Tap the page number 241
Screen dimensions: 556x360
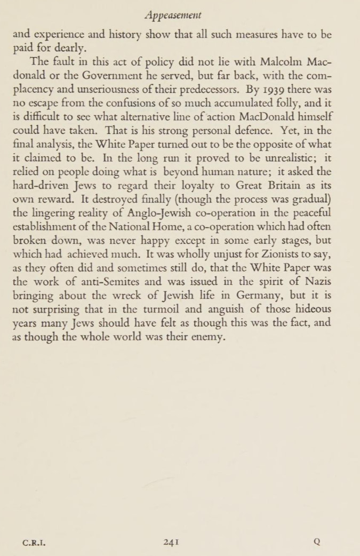[171, 542]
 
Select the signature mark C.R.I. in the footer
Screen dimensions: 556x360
[34, 543]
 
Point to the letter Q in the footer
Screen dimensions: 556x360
[317, 542]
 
